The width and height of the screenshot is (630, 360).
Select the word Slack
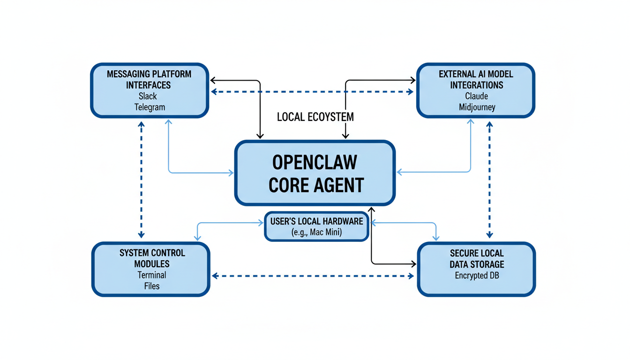pos(148,96)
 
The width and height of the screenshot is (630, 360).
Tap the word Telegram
pos(150,107)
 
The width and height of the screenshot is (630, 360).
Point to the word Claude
pos(476,96)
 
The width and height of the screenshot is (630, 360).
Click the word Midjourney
pos(477,107)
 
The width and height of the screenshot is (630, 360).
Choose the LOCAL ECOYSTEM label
pos(315,117)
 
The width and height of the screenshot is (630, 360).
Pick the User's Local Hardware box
pos(316,226)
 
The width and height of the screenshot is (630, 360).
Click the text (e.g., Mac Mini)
pos(316,232)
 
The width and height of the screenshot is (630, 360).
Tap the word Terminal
pos(151,275)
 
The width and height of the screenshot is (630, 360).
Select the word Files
pos(151,285)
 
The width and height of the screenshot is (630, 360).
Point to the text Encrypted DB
pos(477,275)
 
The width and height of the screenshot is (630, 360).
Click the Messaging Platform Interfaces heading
pos(149,79)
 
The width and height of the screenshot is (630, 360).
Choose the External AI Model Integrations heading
pos(476,79)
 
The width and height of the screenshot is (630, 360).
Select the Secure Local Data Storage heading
pos(476,259)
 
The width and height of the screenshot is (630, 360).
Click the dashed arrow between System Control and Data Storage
pos(313,276)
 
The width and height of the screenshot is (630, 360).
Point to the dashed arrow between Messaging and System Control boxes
pos(141,180)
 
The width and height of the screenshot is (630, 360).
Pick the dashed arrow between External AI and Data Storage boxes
pos(489,180)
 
